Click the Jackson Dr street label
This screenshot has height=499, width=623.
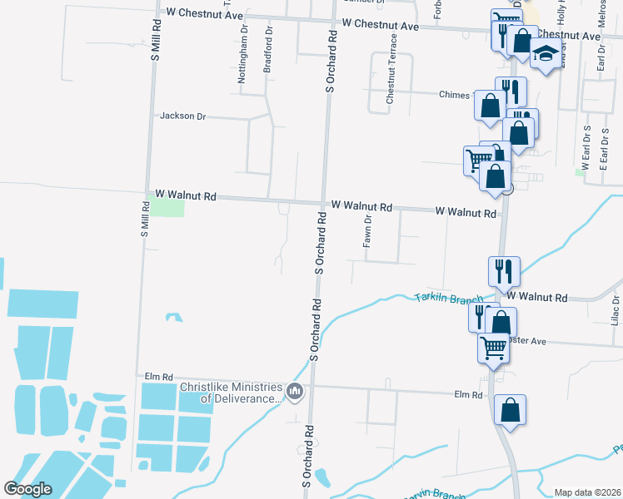pyautogui.click(x=182, y=116)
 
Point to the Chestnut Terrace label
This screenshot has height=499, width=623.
pyautogui.click(x=390, y=76)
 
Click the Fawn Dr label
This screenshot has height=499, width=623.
pyautogui.click(x=366, y=230)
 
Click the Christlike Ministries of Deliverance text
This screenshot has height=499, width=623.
pyautogui.click(x=230, y=393)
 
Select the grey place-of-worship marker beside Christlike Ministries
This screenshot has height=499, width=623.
pyautogui.click(x=294, y=392)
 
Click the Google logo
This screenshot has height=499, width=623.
pyautogui.click(x=28, y=489)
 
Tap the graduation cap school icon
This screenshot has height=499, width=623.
pyautogui.click(x=546, y=55)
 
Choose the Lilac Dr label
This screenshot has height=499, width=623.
pyautogui.click(x=616, y=310)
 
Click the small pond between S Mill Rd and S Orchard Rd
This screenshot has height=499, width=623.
pyautogui.click(x=174, y=317)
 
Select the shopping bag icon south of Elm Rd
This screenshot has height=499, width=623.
pyautogui.click(x=510, y=410)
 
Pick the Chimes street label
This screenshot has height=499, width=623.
pyautogui.click(x=455, y=95)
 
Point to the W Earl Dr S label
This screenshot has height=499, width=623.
pyautogui.click(x=586, y=149)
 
